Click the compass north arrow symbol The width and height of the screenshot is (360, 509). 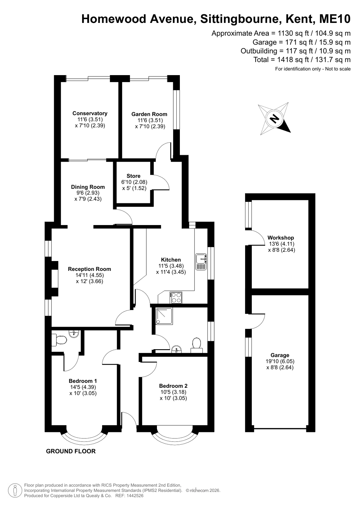(x=275, y=119)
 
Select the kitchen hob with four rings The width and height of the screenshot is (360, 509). (x=176, y=297)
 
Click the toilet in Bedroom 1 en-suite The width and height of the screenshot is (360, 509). (x=59, y=339)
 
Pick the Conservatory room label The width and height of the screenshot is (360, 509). (x=90, y=113)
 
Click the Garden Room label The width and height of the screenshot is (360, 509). (x=149, y=114)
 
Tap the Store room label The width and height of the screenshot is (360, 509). (x=133, y=176)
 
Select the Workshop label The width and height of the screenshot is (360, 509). (x=281, y=238)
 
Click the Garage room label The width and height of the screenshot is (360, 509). (x=280, y=355)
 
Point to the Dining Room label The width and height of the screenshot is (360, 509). (x=88, y=187)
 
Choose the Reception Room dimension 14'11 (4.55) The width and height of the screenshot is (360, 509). (x=89, y=275)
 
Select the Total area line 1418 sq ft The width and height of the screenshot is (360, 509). (x=302, y=60)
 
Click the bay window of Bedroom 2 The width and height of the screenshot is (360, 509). (x=174, y=437)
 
